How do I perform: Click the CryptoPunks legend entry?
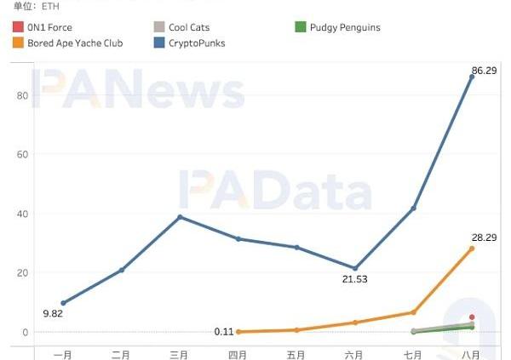[x=197, y=43]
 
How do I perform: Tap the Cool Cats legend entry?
[x=188, y=27]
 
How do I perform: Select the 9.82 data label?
[x=53, y=313]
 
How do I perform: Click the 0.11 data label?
[x=225, y=332]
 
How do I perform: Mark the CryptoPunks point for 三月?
[x=180, y=217]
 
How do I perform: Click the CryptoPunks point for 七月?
[x=413, y=209]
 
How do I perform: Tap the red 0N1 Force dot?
[x=472, y=317]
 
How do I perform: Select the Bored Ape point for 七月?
[x=413, y=312]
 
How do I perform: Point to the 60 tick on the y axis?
[x=23, y=154]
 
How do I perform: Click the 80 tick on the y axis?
[x=23, y=95]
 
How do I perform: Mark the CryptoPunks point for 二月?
[x=122, y=270]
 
